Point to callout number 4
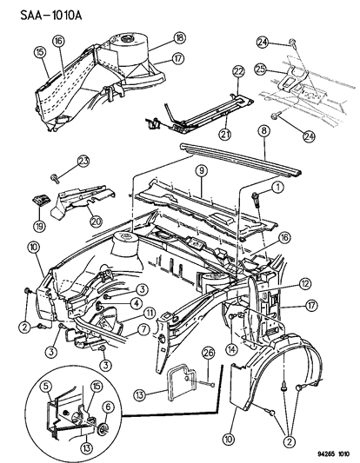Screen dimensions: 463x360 (136, 303)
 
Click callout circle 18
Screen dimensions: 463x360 (178, 39)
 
